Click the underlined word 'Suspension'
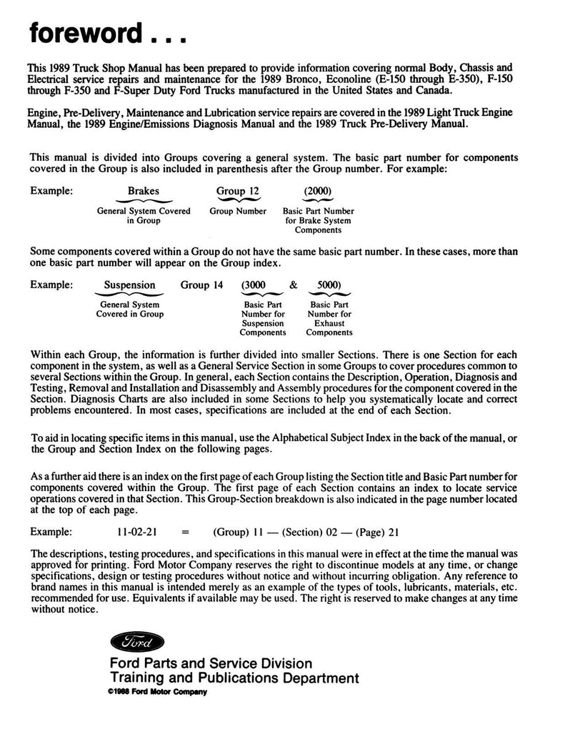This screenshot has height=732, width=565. (129, 285)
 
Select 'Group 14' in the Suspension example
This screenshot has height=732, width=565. (201, 285)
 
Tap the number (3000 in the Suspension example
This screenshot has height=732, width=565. (254, 285)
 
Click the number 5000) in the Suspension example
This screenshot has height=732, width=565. (328, 285)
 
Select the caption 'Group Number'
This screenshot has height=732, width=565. (238, 212)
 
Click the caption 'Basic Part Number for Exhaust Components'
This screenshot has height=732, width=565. (329, 318)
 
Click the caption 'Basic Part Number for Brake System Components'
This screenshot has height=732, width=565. (319, 221)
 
